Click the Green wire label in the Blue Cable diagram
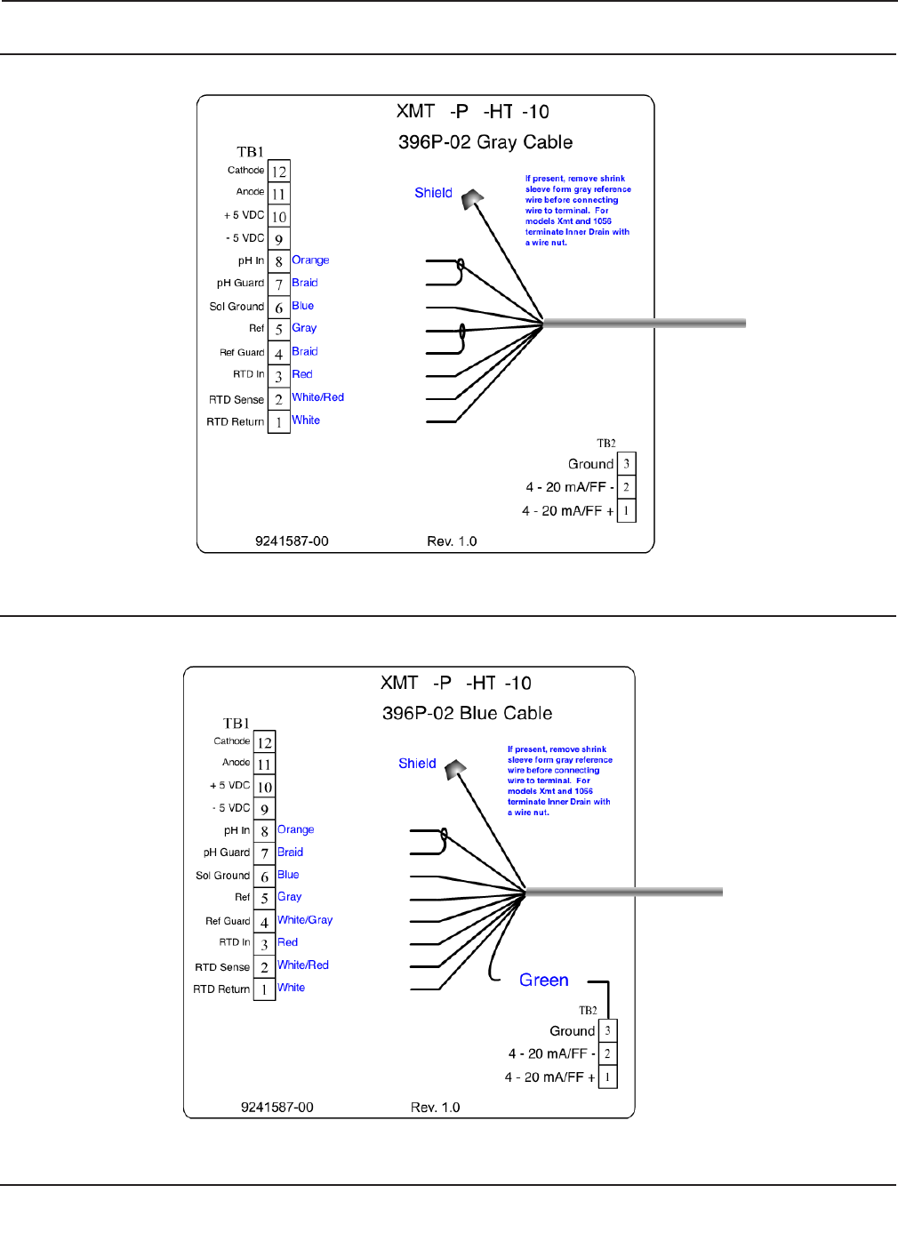543,980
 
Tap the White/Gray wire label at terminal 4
305,920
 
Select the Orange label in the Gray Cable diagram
310,260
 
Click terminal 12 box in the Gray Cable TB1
279,172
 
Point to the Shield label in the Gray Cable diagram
433,193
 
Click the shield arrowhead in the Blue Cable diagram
456,768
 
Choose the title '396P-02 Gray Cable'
485,142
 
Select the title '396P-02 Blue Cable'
467,713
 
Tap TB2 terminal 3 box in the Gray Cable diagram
627,464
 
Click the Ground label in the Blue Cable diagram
572,1031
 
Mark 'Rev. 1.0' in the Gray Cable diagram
452,541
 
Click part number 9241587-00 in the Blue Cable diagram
277,1108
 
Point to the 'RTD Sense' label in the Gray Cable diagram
237,400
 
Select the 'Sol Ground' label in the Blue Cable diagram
222,876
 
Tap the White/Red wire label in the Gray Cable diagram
317,397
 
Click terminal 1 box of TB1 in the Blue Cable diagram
264,989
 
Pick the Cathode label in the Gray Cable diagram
245,170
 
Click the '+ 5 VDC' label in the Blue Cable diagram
229,786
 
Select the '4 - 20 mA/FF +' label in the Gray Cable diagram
567,511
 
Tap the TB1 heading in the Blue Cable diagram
237,724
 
